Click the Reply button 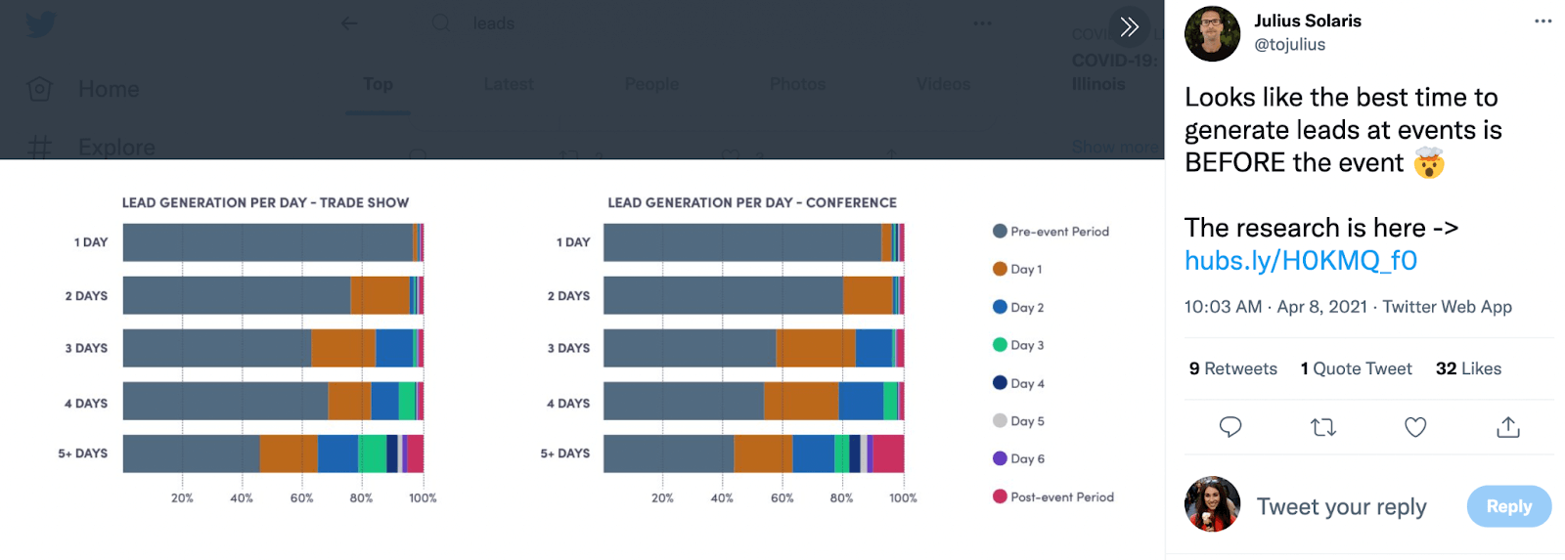tap(1508, 506)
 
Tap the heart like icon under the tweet tap(1414, 427)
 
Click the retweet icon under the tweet tap(1322, 427)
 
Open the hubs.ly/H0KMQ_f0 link tap(1300, 260)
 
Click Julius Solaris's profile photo tap(1212, 33)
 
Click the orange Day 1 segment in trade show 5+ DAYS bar tap(289, 453)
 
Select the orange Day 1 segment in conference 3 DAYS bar tap(816, 348)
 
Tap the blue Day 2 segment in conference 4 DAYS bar tap(861, 401)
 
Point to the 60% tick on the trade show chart tap(301, 497)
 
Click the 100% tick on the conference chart tap(903, 497)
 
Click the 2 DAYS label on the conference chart tap(568, 295)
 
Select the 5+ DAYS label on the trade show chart tap(83, 453)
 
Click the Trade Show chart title tap(265, 202)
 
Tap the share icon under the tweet tap(1507, 427)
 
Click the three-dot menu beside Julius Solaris tap(1543, 22)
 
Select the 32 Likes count tap(1467, 368)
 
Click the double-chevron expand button tap(1129, 26)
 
